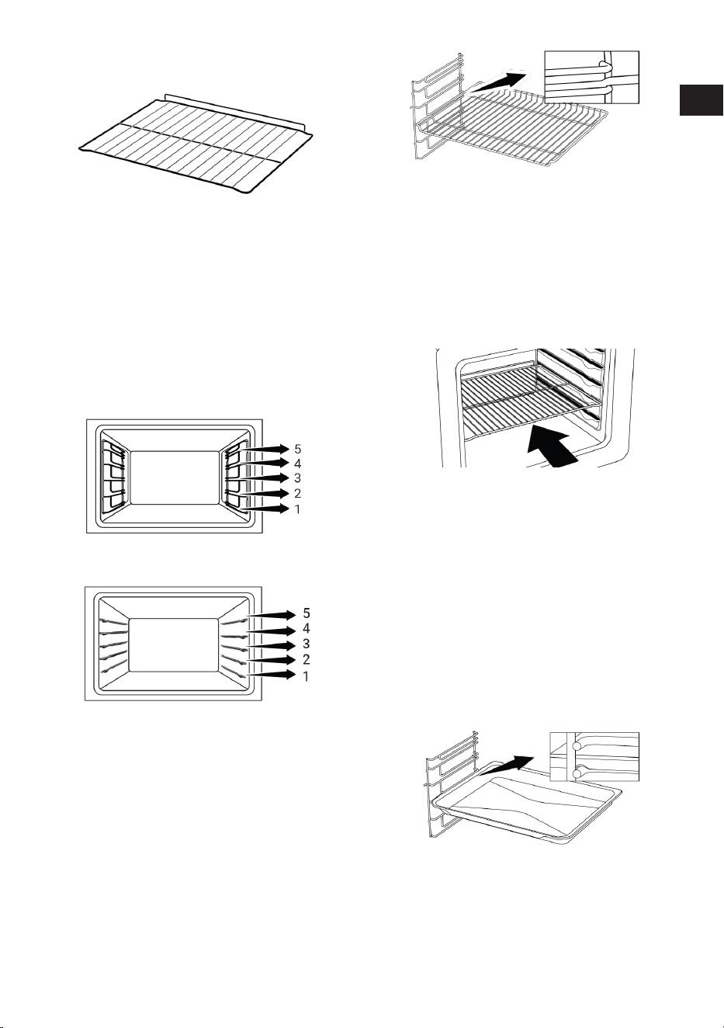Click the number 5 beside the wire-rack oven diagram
click(x=297, y=449)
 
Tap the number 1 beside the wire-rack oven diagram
click(x=297, y=509)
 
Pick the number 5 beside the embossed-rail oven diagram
click(x=306, y=613)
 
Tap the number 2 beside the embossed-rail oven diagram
click(x=306, y=659)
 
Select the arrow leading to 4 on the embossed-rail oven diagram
click(x=271, y=631)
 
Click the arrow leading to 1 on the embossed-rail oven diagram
click(x=271, y=675)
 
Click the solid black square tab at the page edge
click(x=701, y=100)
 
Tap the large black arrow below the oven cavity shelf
click(x=552, y=447)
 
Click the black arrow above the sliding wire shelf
click(x=499, y=82)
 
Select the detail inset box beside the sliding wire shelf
click(x=591, y=77)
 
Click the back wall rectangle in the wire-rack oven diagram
click(x=175, y=478)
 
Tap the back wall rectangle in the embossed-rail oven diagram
click(x=173, y=644)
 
